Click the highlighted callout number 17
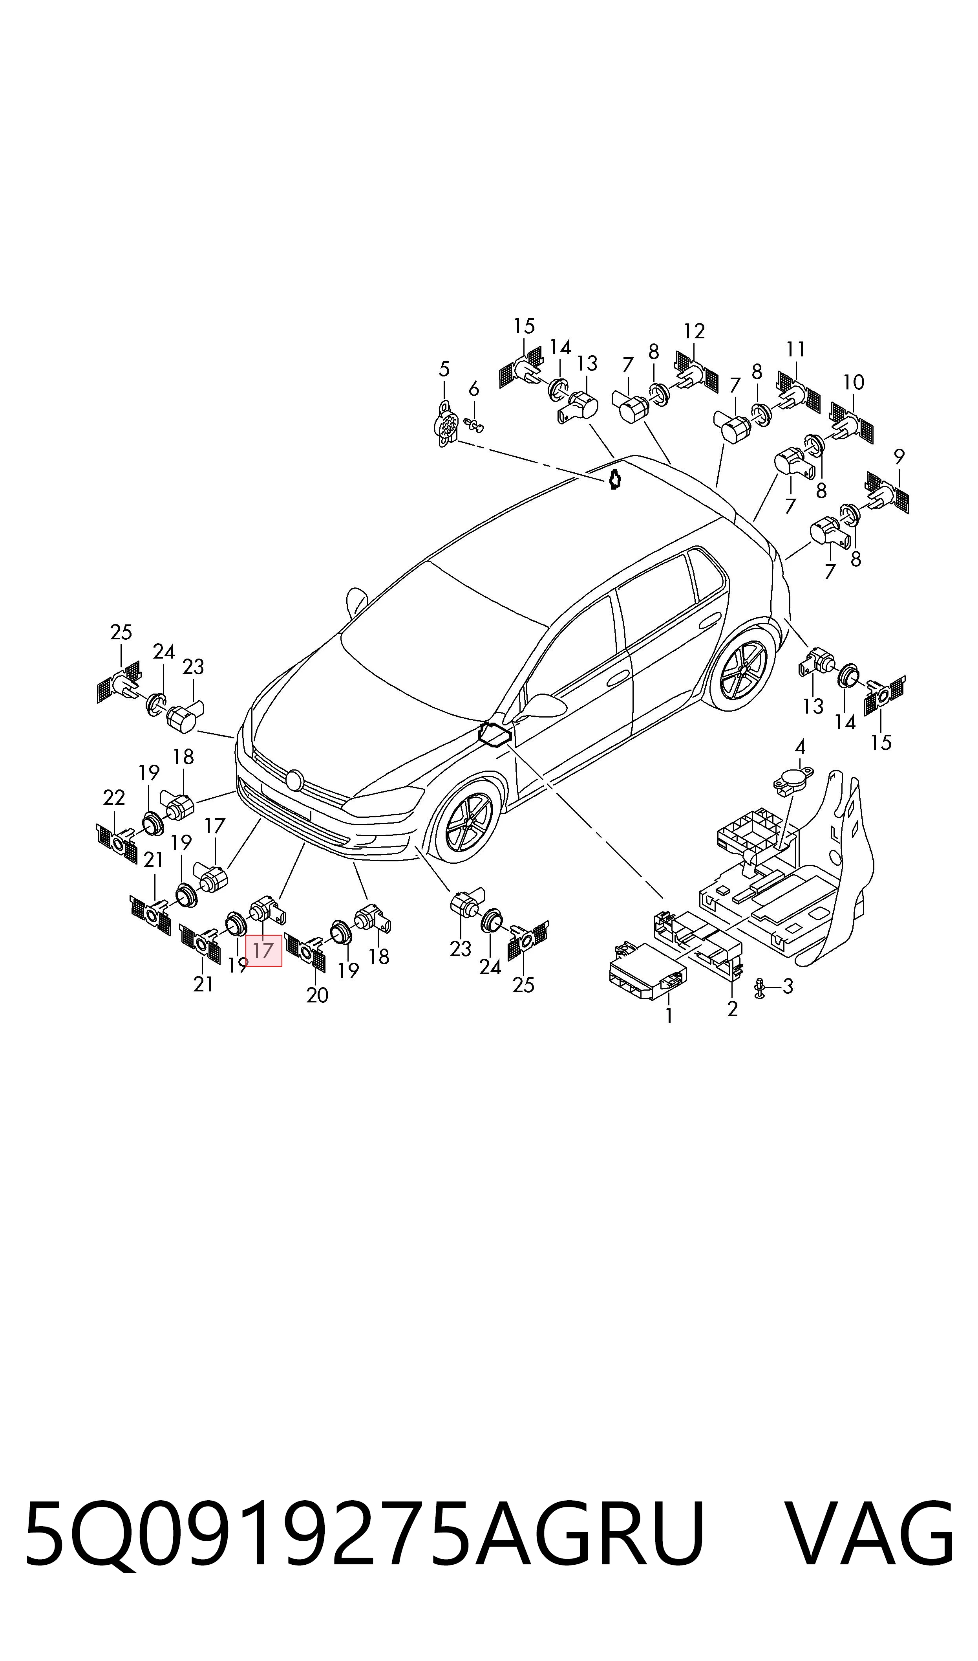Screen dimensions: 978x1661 263,951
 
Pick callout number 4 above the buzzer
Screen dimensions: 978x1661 800,747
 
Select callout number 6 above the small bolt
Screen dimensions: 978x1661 474,390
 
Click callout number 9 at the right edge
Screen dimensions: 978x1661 899,456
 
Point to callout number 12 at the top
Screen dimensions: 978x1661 695,331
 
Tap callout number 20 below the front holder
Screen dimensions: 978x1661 318,995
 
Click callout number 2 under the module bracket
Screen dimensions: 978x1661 732,1009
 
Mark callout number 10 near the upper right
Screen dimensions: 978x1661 854,382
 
